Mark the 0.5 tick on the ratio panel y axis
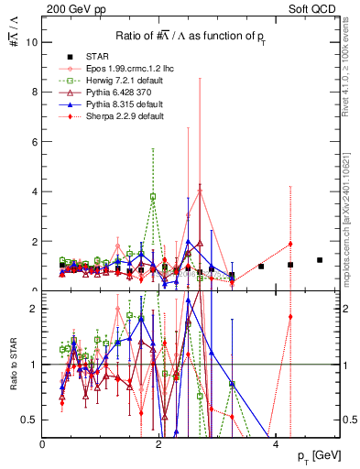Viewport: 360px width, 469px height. click(28, 420)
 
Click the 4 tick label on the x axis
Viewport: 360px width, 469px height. click(275, 442)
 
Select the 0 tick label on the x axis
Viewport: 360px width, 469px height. click(43, 442)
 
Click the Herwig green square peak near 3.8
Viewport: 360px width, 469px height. click(153, 196)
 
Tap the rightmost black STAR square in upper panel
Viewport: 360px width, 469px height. click(320, 260)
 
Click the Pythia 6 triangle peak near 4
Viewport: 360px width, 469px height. click(200, 191)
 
